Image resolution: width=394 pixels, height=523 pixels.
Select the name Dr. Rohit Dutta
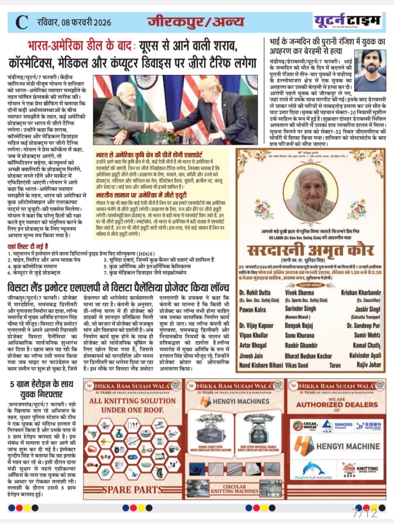[x=255, y=293]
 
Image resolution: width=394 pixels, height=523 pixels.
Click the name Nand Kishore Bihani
[x=261, y=365]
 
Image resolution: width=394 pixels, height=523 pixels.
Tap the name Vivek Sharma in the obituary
[x=299, y=293]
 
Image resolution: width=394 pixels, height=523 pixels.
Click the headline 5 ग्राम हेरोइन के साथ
[x=41, y=385]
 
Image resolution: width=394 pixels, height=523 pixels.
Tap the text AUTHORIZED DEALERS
[x=337, y=405]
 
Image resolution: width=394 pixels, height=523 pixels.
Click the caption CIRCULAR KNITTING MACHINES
[x=234, y=489]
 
